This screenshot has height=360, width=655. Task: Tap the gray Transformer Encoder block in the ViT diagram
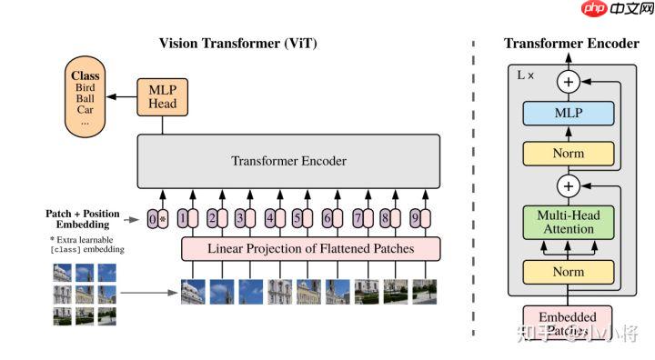point(288,161)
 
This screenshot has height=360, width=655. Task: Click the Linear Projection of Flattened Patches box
point(311,247)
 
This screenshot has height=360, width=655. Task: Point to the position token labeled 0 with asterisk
point(157,218)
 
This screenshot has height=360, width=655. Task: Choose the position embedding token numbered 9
point(416,218)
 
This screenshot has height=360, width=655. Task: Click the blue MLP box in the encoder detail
point(568,114)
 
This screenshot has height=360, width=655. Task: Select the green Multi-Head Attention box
point(568,222)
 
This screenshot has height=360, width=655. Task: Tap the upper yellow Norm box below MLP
point(568,153)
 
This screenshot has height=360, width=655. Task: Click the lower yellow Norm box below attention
point(568,272)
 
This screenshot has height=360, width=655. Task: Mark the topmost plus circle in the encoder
point(569,82)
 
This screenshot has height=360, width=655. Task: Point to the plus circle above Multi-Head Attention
point(569,186)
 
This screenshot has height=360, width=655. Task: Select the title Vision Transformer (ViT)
point(238,44)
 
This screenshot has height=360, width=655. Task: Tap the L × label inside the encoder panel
point(526,75)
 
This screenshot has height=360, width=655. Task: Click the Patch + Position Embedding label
point(83,218)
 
